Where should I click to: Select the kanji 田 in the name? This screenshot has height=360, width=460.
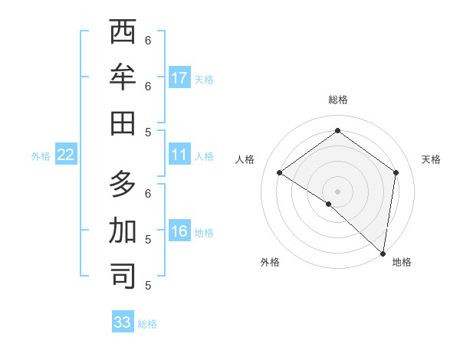[123, 122]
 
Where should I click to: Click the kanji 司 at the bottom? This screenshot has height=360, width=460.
[123, 276]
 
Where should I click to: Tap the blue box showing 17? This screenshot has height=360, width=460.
[179, 78]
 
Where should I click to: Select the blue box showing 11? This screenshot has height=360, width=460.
[179, 155]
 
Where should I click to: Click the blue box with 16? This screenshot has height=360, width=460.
[179, 232]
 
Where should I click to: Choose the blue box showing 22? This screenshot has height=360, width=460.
[66, 155]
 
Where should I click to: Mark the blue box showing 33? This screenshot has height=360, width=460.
[123, 322]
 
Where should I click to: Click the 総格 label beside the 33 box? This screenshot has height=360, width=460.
[147, 324]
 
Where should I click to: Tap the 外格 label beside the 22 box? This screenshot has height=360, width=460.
[41, 156]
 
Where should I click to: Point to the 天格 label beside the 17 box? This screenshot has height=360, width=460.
[204, 80]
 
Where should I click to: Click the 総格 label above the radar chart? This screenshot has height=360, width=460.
[337, 100]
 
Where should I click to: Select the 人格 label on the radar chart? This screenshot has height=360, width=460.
[245, 159]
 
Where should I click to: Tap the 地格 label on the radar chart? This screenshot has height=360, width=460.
[402, 262]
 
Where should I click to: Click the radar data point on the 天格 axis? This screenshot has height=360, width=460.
[396, 172]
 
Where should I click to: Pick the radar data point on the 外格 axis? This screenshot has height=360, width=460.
[328, 204]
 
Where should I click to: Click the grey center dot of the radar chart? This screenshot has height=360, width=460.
[337, 191]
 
